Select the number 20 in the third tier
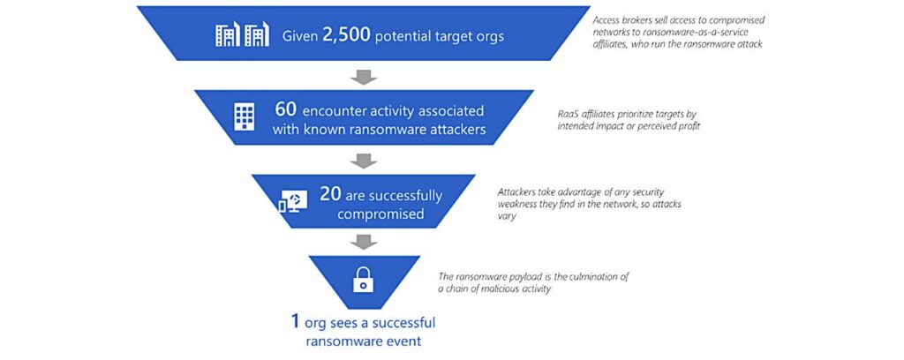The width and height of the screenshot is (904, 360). (329, 195)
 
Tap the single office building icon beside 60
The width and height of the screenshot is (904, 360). (244, 118)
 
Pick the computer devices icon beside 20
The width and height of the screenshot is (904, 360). (292, 202)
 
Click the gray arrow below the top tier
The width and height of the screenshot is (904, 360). (363, 78)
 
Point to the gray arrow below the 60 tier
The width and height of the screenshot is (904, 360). (363, 161)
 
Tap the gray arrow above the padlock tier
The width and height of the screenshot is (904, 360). (363, 241)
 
